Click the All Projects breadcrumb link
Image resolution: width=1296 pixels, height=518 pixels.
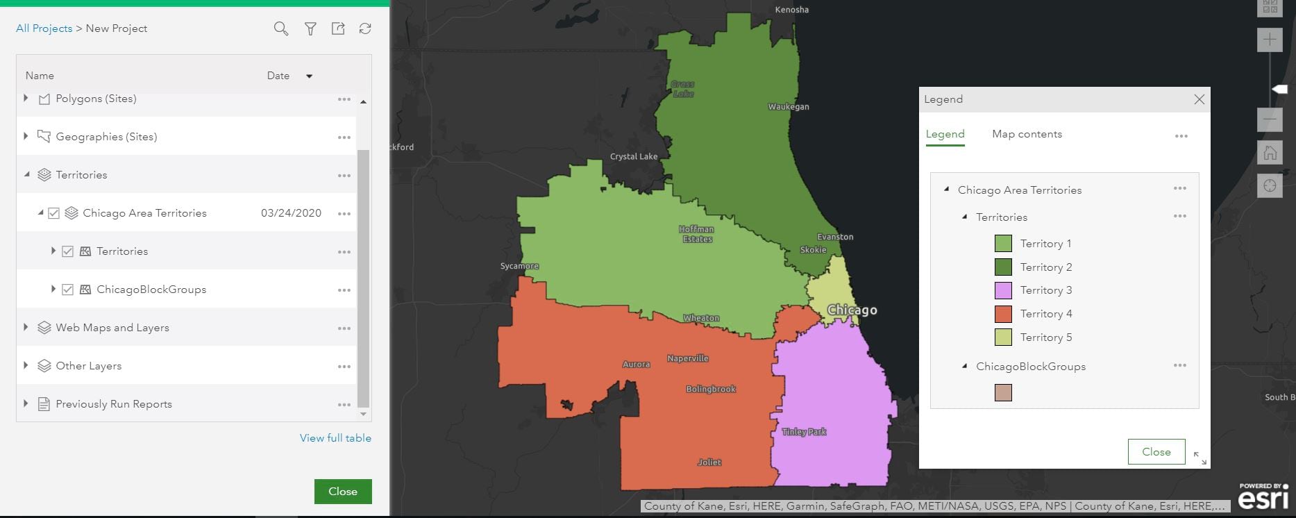pyautogui.click(x=44, y=28)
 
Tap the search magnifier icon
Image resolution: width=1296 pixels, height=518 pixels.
pyautogui.click(x=280, y=28)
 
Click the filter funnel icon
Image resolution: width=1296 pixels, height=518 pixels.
pyautogui.click(x=310, y=28)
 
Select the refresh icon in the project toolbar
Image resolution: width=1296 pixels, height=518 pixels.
pyautogui.click(x=365, y=28)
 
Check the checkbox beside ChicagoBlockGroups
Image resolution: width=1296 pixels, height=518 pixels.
pyautogui.click(x=67, y=290)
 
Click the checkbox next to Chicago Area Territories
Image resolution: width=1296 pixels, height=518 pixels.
pyautogui.click(x=53, y=213)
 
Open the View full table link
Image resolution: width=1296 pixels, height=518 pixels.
pyautogui.click(x=335, y=438)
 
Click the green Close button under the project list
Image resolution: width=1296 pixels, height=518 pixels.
pyautogui.click(x=342, y=492)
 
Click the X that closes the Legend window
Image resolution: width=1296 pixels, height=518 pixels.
pyautogui.click(x=1199, y=99)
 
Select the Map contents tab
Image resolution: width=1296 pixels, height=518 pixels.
pyautogui.click(x=1027, y=134)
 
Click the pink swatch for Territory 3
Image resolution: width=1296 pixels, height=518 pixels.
pyautogui.click(x=1003, y=290)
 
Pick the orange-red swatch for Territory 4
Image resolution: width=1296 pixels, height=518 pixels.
pyautogui.click(x=1003, y=314)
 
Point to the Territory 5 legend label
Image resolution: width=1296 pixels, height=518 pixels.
pyautogui.click(x=1045, y=337)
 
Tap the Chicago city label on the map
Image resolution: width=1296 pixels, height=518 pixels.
pyautogui.click(x=852, y=310)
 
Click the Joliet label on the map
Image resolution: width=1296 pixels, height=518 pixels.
pyautogui.click(x=709, y=462)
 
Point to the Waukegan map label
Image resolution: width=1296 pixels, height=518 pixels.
pyautogui.click(x=788, y=107)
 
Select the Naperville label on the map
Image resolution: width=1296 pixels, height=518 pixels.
pyautogui.click(x=687, y=358)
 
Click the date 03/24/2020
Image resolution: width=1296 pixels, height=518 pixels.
pyautogui.click(x=291, y=213)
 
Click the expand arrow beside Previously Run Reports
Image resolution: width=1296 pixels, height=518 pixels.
pyautogui.click(x=26, y=403)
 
